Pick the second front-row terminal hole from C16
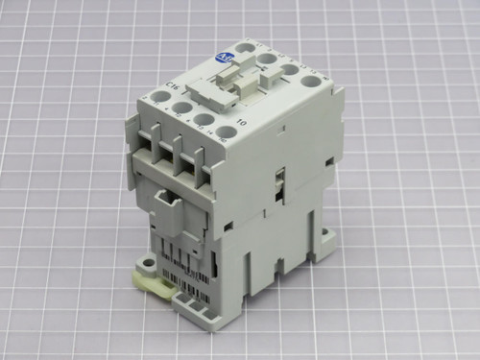175,108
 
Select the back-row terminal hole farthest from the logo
309,81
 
